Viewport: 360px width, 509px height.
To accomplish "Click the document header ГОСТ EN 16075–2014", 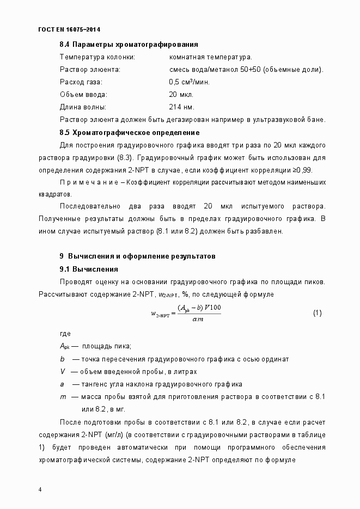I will click(70, 29).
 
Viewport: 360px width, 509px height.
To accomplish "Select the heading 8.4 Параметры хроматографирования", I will click(129, 45).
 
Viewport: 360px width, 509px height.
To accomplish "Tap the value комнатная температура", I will click(210, 57).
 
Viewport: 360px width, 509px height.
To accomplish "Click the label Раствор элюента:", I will click(89, 70).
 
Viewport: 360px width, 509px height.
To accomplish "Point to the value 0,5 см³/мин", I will click(189, 82).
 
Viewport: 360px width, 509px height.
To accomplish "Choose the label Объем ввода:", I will click(83, 95).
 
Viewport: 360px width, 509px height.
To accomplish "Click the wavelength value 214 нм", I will click(181, 107).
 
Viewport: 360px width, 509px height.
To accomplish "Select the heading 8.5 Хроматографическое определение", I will click(130, 132).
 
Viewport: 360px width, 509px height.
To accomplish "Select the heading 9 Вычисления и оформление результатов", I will click(138, 256).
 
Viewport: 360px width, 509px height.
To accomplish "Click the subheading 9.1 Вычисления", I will click(89, 269).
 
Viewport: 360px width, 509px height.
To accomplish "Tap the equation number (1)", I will click(318, 313).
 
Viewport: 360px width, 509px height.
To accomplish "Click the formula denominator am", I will click(198, 319).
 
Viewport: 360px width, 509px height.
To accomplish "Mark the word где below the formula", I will click(65, 334).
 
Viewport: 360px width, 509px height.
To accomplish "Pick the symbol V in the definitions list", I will click(63, 371).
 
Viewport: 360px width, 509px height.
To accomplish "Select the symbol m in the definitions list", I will click(63, 397).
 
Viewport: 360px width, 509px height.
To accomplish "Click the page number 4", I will click(40, 489).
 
